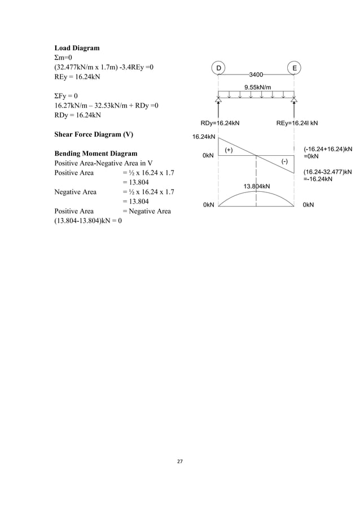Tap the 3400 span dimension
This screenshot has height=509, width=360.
pyautogui.click(x=258, y=74)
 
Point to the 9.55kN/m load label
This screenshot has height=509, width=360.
pyautogui.click(x=257, y=86)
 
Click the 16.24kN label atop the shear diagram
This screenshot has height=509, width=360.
pyautogui.click(x=204, y=137)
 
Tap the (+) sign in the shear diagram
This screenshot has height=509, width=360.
pyautogui.click(x=230, y=150)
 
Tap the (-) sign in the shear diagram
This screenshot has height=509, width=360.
pyautogui.click(x=285, y=161)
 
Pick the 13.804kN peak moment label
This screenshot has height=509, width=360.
pyautogui.click(x=256, y=186)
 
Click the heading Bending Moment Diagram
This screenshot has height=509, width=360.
pyautogui.click(x=95, y=153)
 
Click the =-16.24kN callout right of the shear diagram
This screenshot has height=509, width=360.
pyautogui.click(x=318, y=179)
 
